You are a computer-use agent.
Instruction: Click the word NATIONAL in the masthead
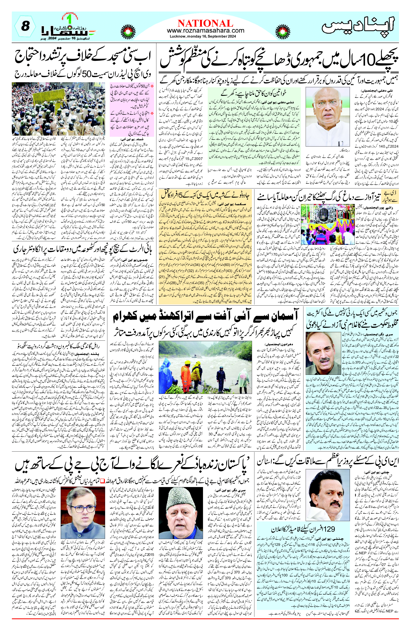205,23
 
